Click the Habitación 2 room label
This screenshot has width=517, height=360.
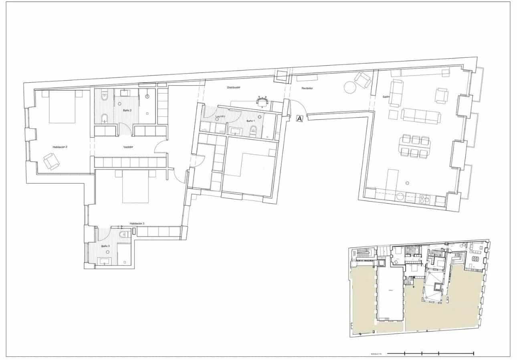(x=60, y=147)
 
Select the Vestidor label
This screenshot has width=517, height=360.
(x=128, y=147)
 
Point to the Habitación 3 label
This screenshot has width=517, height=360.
(x=137, y=223)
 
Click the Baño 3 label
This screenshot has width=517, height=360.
(x=105, y=246)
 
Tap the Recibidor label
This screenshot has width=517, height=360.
(x=307, y=88)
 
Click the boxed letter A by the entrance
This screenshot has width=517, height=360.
(x=299, y=118)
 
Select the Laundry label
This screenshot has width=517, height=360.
(x=220, y=117)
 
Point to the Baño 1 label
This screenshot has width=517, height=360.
(x=250, y=121)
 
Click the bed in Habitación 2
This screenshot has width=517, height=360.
(x=62, y=107)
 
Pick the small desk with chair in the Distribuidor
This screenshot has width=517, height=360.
(x=262, y=102)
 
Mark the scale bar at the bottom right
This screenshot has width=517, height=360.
(x=431, y=353)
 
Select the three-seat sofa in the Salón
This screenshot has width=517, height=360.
(x=421, y=115)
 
